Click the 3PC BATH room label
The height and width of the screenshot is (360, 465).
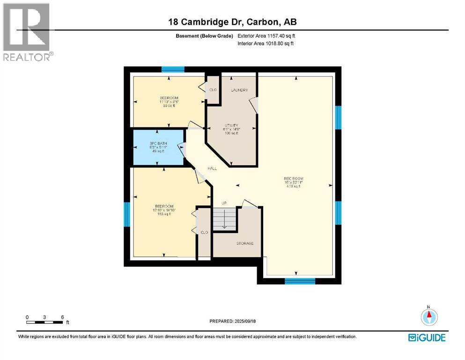point(158,143)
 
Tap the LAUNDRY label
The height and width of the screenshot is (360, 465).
point(239,90)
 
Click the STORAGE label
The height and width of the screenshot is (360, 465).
point(244,243)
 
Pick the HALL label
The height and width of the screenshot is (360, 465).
point(213,169)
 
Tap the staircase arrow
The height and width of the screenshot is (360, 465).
point(224,220)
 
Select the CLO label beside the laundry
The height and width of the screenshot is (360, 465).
point(213,90)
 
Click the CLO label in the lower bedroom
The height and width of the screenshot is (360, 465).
point(204,232)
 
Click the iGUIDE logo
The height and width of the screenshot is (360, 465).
point(427,337)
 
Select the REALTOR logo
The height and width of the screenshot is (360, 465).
point(27,32)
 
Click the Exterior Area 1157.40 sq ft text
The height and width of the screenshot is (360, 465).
point(266,35)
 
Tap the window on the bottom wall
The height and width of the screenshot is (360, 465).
point(299,281)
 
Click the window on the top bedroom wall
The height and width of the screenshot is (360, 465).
point(172,69)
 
